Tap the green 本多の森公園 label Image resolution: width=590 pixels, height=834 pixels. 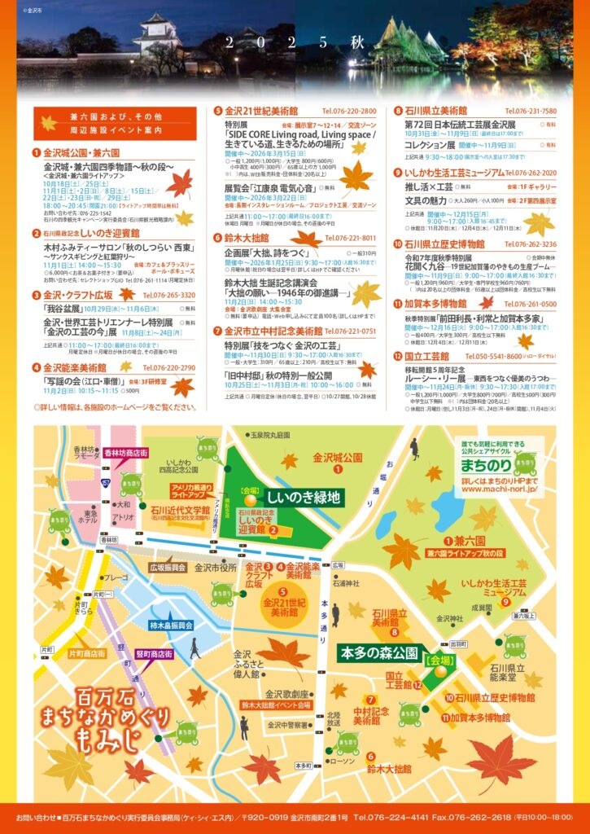point(379,653)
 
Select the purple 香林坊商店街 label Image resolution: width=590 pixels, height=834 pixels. point(126,453)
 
